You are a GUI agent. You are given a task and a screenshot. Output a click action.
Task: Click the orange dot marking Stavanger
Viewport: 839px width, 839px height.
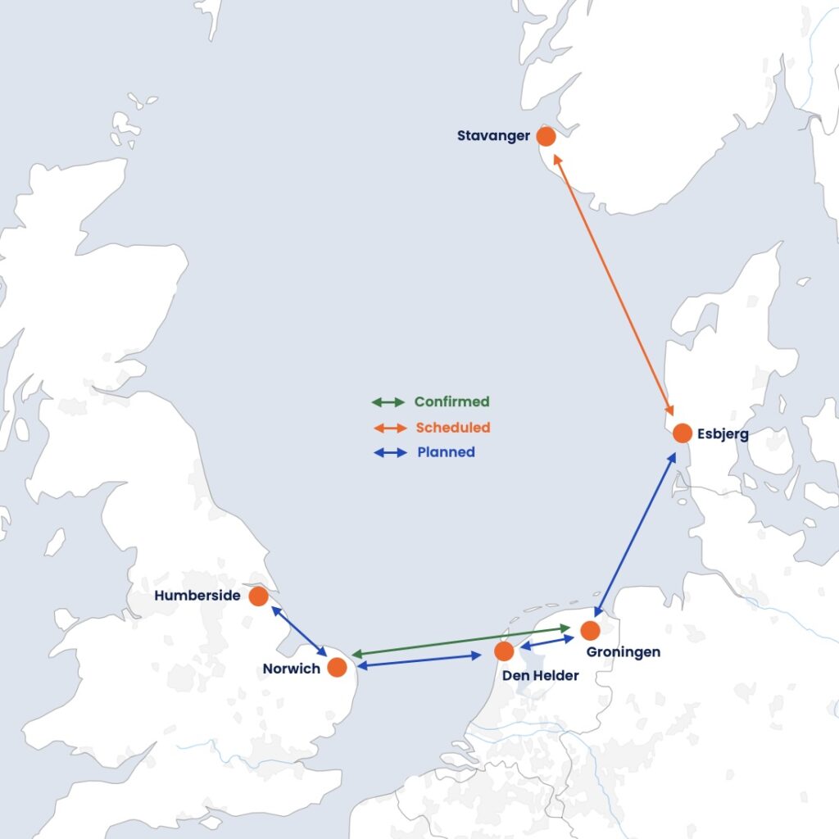coord(546,136)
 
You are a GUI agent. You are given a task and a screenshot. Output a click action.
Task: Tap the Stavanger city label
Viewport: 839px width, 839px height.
coord(493,136)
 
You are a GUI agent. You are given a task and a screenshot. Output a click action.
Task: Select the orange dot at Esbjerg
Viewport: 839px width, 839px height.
coord(683,433)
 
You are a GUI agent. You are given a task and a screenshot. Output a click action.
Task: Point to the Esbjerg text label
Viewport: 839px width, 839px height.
coord(723,433)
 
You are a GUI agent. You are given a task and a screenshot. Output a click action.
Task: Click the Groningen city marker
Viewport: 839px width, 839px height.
coord(590,631)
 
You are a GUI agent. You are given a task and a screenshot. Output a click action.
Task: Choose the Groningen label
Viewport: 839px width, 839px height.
coord(624,652)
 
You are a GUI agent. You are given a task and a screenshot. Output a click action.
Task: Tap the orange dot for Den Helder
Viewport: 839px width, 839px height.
coord(505,651)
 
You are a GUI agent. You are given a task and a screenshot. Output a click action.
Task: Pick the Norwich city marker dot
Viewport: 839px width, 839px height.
coord(337,668)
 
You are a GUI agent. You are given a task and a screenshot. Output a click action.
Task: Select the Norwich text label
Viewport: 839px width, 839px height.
coord(291,669)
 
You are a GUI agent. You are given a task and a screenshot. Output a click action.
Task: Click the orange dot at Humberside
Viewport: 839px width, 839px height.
coord(258,596)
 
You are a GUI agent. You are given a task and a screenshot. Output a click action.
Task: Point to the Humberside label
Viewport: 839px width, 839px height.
coord(197,596)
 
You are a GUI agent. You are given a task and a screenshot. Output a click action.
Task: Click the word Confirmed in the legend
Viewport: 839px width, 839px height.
coord(451,402)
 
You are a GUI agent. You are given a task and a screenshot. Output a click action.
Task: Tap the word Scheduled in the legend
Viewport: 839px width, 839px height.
coord(452,428)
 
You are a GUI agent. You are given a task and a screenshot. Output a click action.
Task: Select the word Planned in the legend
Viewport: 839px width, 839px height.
coord(446,452)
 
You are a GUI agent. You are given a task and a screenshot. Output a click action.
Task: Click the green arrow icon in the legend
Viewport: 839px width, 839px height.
coord(388,402)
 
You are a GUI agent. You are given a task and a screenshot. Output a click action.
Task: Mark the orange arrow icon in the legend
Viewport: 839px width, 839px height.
coord(388,428)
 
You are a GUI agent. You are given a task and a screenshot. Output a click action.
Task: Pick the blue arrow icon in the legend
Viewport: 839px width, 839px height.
coord(389,452)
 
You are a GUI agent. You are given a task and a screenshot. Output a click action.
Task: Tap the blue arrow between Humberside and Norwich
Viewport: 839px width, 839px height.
coord(299,631)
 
